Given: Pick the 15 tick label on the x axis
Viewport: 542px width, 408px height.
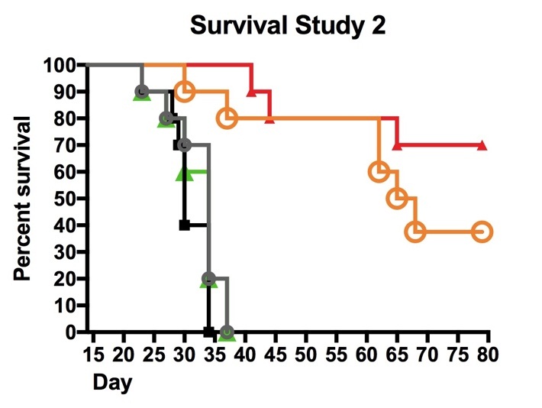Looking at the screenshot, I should pyautogui.click(x=93, y=355).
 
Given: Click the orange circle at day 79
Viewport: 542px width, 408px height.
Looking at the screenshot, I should pyautogui.click(x=482, y=232).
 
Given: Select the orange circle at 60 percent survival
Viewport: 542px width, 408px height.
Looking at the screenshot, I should pyautogui.click(x=379, y=171).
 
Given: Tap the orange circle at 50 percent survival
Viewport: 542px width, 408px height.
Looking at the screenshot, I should pyautogui.click(x=397, y=198).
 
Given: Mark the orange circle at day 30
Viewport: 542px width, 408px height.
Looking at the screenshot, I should pyautogui.click(x=184, y=92).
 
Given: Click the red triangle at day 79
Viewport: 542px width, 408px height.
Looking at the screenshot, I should pyautogui.click(x=482, y=145).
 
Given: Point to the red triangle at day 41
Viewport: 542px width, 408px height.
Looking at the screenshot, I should pyautogui.click(x=251, y=92).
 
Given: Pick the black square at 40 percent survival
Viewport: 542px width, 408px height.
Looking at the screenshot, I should pyautogui.click(x=184, y=225).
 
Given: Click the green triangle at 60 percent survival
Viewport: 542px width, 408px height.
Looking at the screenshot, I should pyautogui.click(x=184, y=173).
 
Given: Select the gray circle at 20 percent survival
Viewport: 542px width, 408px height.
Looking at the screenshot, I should pyautogui.click(x=208, y=278).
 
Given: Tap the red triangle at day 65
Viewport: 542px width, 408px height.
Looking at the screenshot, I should pyautogui.click(x=397, y=145).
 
